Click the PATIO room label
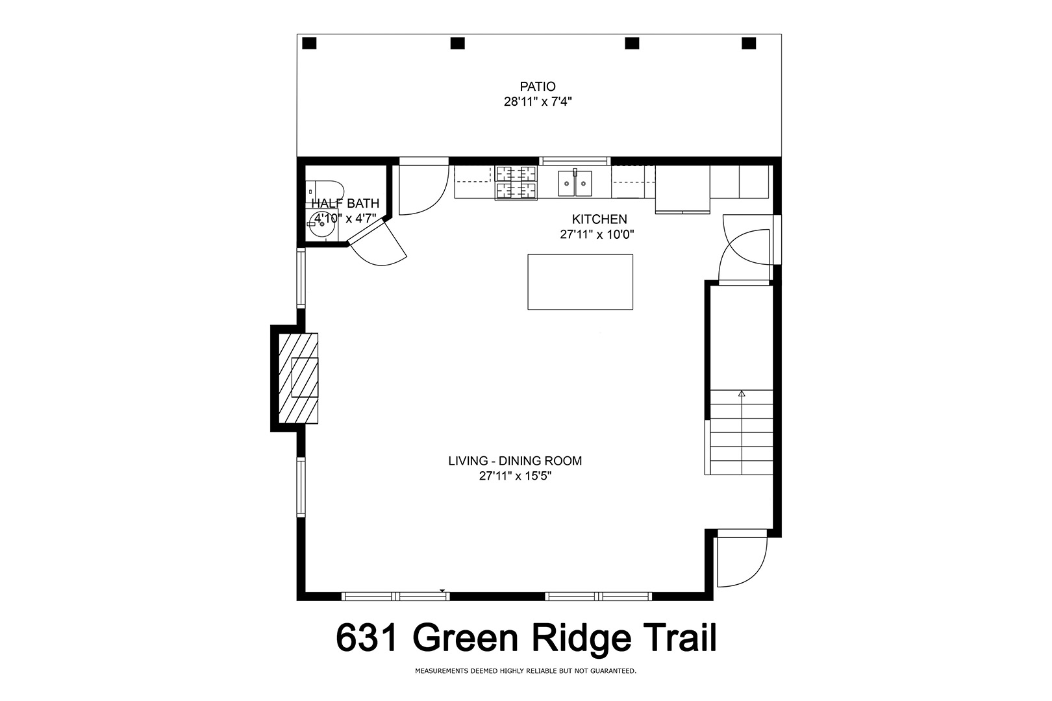537,86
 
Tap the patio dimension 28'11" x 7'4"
538,101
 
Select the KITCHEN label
599,219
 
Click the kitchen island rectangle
580,282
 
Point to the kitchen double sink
575,183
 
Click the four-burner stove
516,182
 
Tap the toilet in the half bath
325,192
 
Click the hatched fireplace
298,378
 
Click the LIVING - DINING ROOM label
515,461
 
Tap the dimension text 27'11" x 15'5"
515,476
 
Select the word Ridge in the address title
584,637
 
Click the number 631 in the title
368,637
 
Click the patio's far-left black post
309,43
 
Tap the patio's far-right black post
749,43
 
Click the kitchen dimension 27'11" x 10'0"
597,234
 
